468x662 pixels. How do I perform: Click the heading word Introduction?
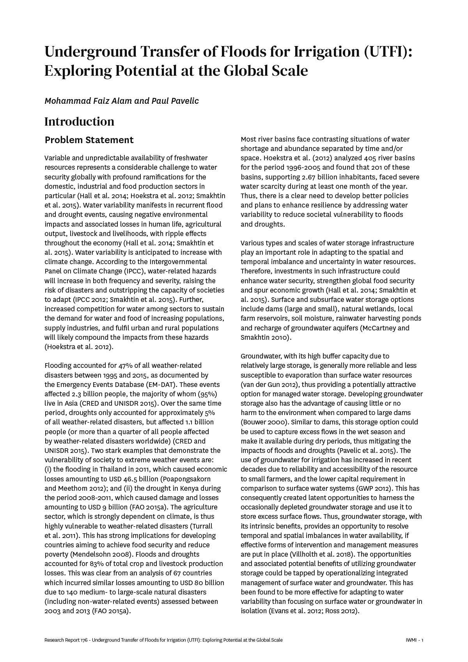click(x=79, y=122)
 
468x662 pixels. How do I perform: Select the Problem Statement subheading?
click(x=89, y=140)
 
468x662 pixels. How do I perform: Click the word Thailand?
click(x=113, y=469)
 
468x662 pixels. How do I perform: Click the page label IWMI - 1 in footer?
click(x=415, y=640)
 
